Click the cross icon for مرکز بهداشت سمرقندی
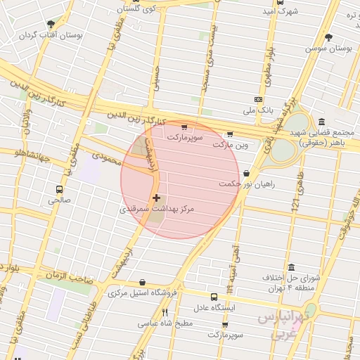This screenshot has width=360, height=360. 156,198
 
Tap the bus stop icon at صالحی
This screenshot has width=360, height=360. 58,189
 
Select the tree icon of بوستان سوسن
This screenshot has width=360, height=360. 328,37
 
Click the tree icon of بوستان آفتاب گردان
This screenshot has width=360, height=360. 51,24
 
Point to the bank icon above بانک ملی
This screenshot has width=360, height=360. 258,99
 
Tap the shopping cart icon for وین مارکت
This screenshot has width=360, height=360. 229,134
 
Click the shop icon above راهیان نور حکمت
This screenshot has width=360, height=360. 245,173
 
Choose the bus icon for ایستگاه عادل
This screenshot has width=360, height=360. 214,297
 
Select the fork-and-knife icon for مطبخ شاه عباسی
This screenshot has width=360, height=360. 165,312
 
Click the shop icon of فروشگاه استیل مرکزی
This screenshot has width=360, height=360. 143,282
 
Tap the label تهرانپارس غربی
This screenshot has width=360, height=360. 283,324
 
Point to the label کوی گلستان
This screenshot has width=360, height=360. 134,8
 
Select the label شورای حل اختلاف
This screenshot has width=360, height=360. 292,277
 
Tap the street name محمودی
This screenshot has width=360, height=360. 108,149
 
